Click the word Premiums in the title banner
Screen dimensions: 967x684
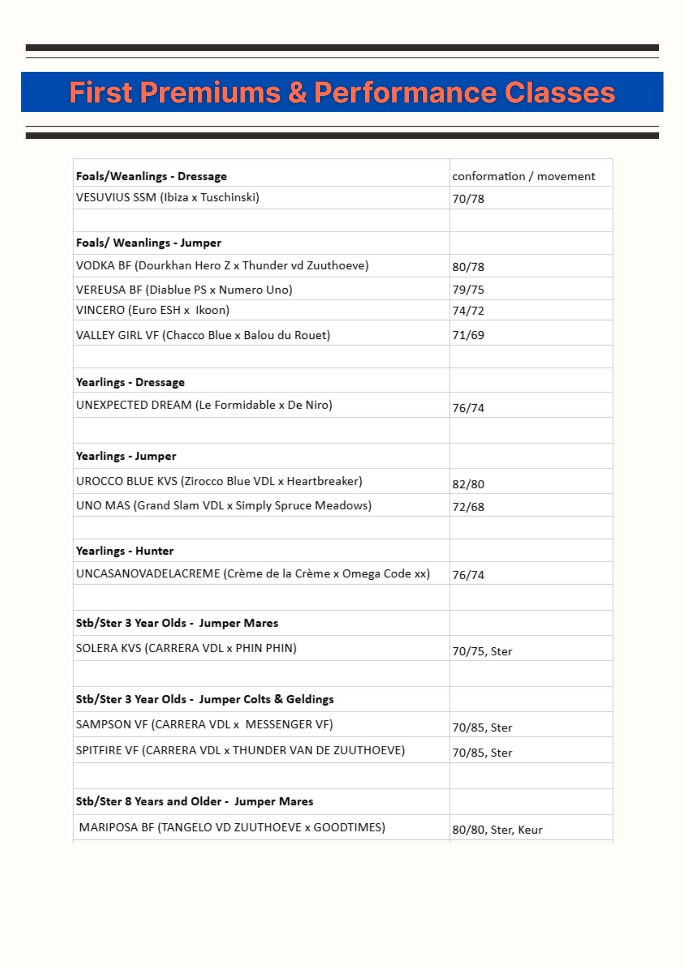coord(210,92)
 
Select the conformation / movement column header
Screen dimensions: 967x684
coord(523,176)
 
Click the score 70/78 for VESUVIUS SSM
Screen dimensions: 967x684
coord(468,199)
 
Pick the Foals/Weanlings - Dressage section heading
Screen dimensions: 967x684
coord(151,176)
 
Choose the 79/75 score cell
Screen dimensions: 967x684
coord(468,290)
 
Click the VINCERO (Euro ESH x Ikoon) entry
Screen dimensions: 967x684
coord(152,310)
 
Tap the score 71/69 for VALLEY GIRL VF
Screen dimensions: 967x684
coord(468,335)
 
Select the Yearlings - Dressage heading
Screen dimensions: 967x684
coord(130,382)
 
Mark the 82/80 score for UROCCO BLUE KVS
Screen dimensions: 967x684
coord(468,484)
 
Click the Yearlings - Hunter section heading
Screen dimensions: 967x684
coord(125,551)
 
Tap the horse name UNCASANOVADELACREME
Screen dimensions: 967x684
coord(148,574)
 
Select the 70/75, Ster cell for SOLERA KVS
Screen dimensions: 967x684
coord(482,651)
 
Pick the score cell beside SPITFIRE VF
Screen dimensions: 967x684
coord(482,753)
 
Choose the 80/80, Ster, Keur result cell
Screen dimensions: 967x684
coord(497,830)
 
